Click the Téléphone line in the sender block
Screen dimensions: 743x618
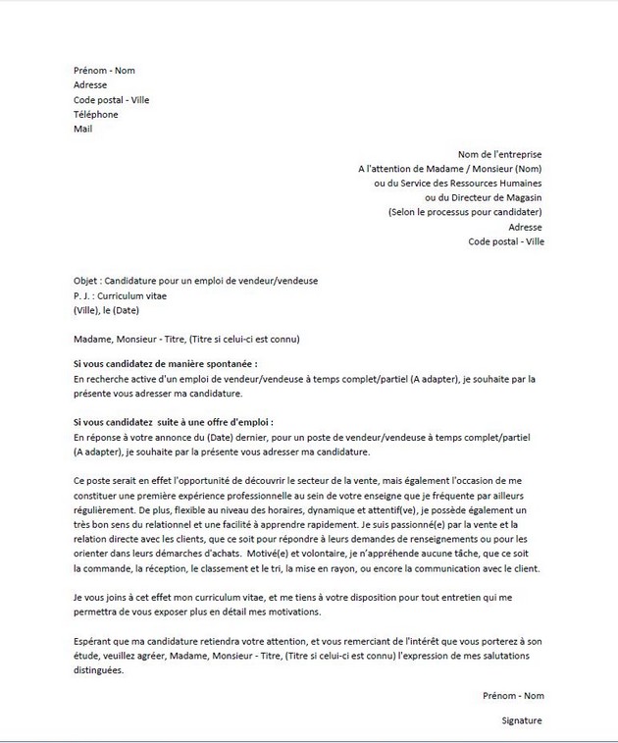[95, 114]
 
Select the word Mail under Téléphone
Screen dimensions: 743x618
[82, 129]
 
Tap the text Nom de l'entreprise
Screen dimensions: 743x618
[499, 154]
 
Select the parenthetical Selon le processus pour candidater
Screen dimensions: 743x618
[465, 212]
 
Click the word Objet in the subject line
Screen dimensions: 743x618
[86, 280]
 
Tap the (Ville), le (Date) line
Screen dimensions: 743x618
[109, 309]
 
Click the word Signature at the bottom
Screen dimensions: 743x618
[520, 719]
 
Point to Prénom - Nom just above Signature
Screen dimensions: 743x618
[512, 695]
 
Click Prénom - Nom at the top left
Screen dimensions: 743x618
[104, 71]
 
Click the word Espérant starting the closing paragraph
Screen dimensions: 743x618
[94, 641]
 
